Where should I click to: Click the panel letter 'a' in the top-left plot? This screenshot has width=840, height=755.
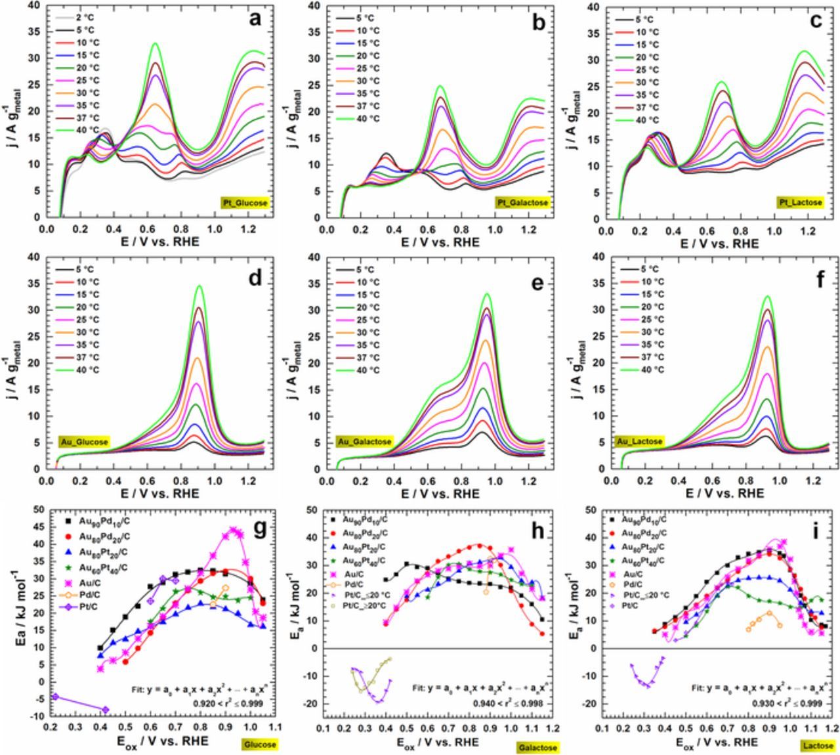click(254, 19)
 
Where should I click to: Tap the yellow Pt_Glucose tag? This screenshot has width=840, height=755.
click(245, 204)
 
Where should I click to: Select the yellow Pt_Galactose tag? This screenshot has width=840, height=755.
click(522, 203)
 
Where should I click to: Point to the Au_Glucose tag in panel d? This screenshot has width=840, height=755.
click(83, 442)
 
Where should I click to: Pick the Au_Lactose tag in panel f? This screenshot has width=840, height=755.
click(639, 442)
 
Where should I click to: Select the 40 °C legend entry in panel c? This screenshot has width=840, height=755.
click(646, 119)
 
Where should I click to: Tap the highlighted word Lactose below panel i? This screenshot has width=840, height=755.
click(818, 745)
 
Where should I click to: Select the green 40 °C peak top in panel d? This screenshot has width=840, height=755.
click(199, 286)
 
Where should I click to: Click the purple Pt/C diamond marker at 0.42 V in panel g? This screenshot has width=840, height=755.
click(105, 709)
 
